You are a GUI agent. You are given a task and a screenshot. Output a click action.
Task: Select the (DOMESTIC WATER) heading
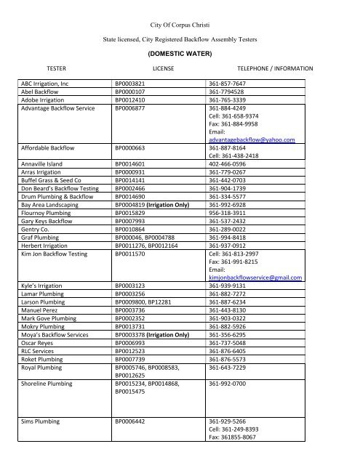pyautogui.click(x=179, y=54)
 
